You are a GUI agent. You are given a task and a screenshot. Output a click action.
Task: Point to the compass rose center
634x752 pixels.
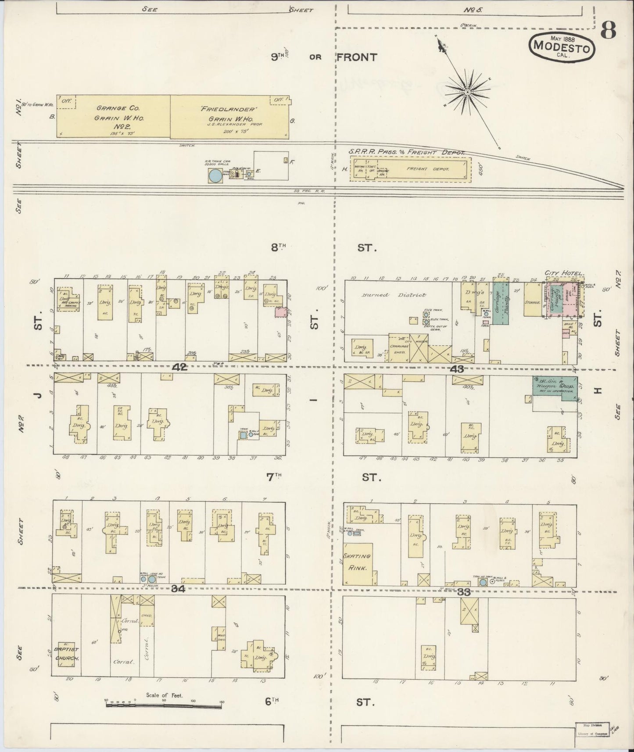pyautogui.click(x=467, y=92)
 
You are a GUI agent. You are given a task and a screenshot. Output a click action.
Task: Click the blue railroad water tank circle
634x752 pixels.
pyautogui.click(x=215, y=175)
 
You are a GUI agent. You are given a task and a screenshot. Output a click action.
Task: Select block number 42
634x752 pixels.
pyautogui.click(x=179, y=368)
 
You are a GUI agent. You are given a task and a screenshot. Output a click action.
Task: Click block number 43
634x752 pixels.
pyautogui.click(x=457, y=369)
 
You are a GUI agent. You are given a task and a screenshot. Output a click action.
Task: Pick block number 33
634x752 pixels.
pyautogui.click(x=464, y=592)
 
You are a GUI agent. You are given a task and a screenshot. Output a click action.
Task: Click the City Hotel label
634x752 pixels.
pyautogui.click(x=564, y=273)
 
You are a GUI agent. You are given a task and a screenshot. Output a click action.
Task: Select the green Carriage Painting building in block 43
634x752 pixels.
pyautogui.click(x=499, y=303)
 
